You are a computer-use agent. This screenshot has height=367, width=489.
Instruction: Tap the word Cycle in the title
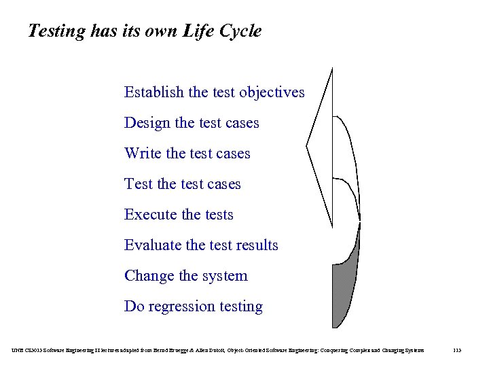[239, 31]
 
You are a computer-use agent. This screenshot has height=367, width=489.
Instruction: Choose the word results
[257, 245]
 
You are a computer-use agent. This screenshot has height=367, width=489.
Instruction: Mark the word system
[225, 276]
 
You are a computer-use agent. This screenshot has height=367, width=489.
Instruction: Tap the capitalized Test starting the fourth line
[138, 184]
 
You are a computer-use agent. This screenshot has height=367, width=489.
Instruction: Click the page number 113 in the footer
[457, 350]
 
